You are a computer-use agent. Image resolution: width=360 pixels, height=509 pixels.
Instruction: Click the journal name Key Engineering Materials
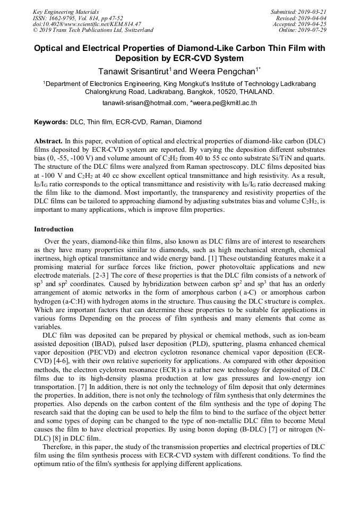pos(66,12)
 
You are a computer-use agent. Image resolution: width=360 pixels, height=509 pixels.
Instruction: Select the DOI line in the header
pos(87,24)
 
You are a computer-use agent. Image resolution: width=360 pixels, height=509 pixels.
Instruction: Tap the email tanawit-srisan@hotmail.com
pos(144,103)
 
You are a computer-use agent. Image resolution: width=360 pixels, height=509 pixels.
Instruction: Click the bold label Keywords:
pos(51,122)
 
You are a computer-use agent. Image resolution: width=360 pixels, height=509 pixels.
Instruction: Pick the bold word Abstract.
pos(48,142)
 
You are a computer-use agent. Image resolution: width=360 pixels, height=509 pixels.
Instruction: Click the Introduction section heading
pos(54,229)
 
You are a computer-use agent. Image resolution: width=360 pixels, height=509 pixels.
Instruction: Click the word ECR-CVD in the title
pos(200,58)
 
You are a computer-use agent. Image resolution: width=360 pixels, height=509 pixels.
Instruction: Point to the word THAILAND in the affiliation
pos(256,91)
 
